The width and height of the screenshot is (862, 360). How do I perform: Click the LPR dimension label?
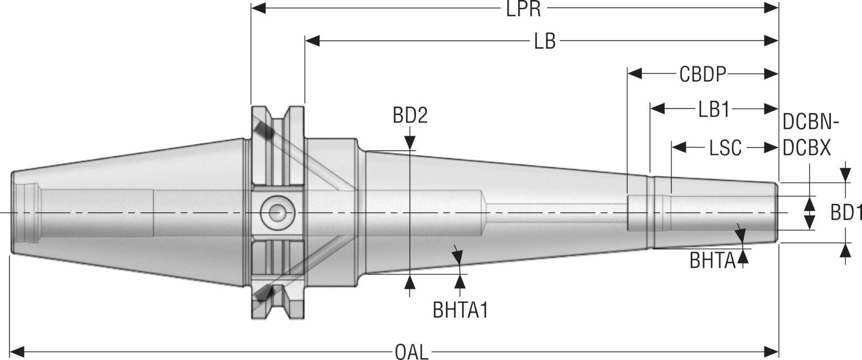point(523,9)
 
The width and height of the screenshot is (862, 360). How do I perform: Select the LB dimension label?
point(545,41)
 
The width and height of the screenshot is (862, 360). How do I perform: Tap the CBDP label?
point(703,74)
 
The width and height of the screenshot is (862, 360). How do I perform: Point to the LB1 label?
point(714,110)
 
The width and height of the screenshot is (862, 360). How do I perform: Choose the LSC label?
point(725,148)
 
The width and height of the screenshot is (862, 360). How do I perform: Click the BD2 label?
point(410,115)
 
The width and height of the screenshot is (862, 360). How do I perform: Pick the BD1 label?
point(846,212)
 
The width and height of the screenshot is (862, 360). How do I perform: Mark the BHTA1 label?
point(461,310)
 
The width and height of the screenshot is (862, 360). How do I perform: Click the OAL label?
point(412,352)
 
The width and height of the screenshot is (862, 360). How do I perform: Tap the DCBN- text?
point(811,122)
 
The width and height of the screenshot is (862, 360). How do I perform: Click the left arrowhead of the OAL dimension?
point(17,351)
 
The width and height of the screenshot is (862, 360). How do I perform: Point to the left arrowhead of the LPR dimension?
point(258,8)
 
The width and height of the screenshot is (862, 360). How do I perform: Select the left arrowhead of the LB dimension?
point(312,40)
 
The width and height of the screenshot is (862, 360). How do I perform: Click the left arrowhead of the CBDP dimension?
point(635,73)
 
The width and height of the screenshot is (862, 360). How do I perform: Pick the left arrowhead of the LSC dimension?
point(679,147)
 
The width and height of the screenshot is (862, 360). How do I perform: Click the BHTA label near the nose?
point(712,260)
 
